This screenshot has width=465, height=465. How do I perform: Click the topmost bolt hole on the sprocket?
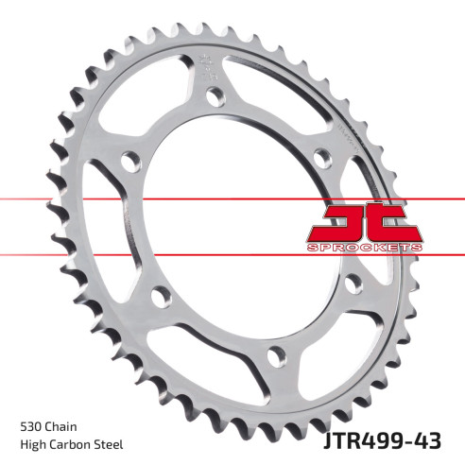216,96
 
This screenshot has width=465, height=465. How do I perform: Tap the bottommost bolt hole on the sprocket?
275,356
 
